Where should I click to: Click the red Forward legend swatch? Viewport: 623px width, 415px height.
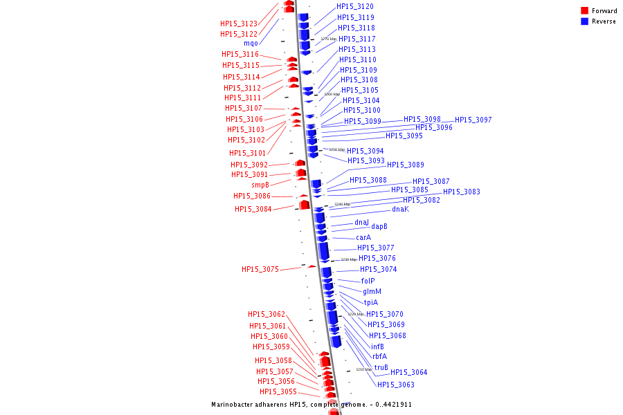pyautogui.click(x=584, y=10)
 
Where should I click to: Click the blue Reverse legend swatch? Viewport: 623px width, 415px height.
pyautogui.click(x=584, y=21)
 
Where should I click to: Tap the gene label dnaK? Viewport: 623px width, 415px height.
pyautogui.click(x=400, y=209)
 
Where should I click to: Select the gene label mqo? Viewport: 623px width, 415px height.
pyautogui.click(x=251, y=44)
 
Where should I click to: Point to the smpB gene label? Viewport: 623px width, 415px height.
pyautogui.click(x=260, y=185)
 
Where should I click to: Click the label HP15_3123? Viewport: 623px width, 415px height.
pyautogui.click(x=239, y=24)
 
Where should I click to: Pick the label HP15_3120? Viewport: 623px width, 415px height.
pyautogui.click(x=355, y=6)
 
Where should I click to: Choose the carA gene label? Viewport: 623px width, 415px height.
pyautogui.click(x=363, y=237)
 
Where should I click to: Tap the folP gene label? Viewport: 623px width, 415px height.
pyautogui.click(x=368, y=281)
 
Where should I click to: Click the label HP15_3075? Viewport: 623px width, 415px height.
pyautogui.click(x=260, y=269)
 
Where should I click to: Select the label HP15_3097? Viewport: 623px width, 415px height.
pyautogui.click(x=473, y=120)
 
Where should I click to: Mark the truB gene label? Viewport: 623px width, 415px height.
pyautogui.click(x=381, y=367)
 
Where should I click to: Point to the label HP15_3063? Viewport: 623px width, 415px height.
pyautogui.click(x=396, y=385)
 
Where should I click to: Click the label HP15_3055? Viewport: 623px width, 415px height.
pyautogui.click(x=278, y=391)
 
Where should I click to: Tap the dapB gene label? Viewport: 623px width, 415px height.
pyautogui.click(x=379, y=226)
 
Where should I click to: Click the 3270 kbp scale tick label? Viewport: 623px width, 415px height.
pyautogui.click(x=329, y=39)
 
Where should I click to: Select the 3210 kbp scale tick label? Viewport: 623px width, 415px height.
pyautogui.click(x=364, y=369)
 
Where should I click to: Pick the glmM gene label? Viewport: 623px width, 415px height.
pyautogui.click(x=372, y=291)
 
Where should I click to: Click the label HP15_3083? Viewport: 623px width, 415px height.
pyautogui.click(x=462, y=192)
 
